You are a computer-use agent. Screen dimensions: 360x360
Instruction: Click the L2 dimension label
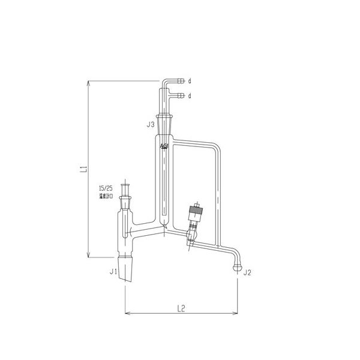[181, 308]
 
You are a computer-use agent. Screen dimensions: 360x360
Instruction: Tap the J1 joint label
[113, 272]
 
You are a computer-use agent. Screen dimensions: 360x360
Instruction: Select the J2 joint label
[246, 272]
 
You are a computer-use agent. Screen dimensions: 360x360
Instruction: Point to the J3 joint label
[151, 125]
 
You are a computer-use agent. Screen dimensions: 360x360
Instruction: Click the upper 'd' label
[190, 80]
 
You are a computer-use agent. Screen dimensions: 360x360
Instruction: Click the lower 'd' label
[190, 95]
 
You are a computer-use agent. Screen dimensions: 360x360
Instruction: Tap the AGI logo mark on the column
[164, 146]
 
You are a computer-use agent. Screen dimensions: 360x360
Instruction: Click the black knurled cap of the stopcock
[194, 211]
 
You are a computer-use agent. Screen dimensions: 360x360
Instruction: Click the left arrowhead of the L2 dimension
[127, 313]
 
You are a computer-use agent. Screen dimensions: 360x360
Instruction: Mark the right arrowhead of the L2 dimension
[237, 313]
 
